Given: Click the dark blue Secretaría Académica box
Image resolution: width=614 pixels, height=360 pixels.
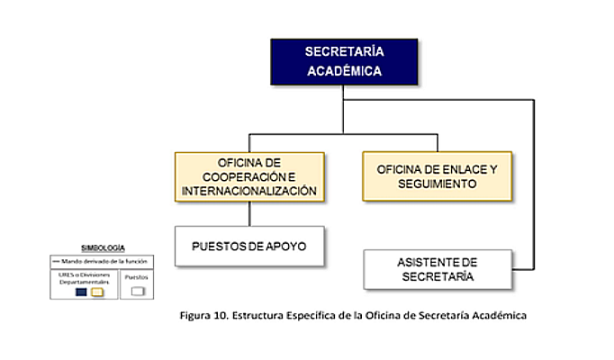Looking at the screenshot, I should tap(343, 60).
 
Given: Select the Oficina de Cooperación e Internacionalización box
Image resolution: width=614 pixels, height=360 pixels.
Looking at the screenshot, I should tap(249, 176).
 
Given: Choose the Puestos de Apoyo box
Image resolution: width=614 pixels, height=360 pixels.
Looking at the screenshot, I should tap(249, 245).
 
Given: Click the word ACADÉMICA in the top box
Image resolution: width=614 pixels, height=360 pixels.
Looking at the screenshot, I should tap(343, 71).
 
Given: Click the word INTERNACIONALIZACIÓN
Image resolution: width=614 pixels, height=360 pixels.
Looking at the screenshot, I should tap(249, 191).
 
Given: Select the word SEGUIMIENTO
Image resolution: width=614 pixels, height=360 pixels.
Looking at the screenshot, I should tap(437, 183).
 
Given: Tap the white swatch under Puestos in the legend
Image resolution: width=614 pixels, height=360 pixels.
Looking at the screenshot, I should tap(137, 292).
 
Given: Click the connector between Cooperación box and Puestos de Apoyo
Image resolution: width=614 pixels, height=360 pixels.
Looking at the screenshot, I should tap(249, 213).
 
